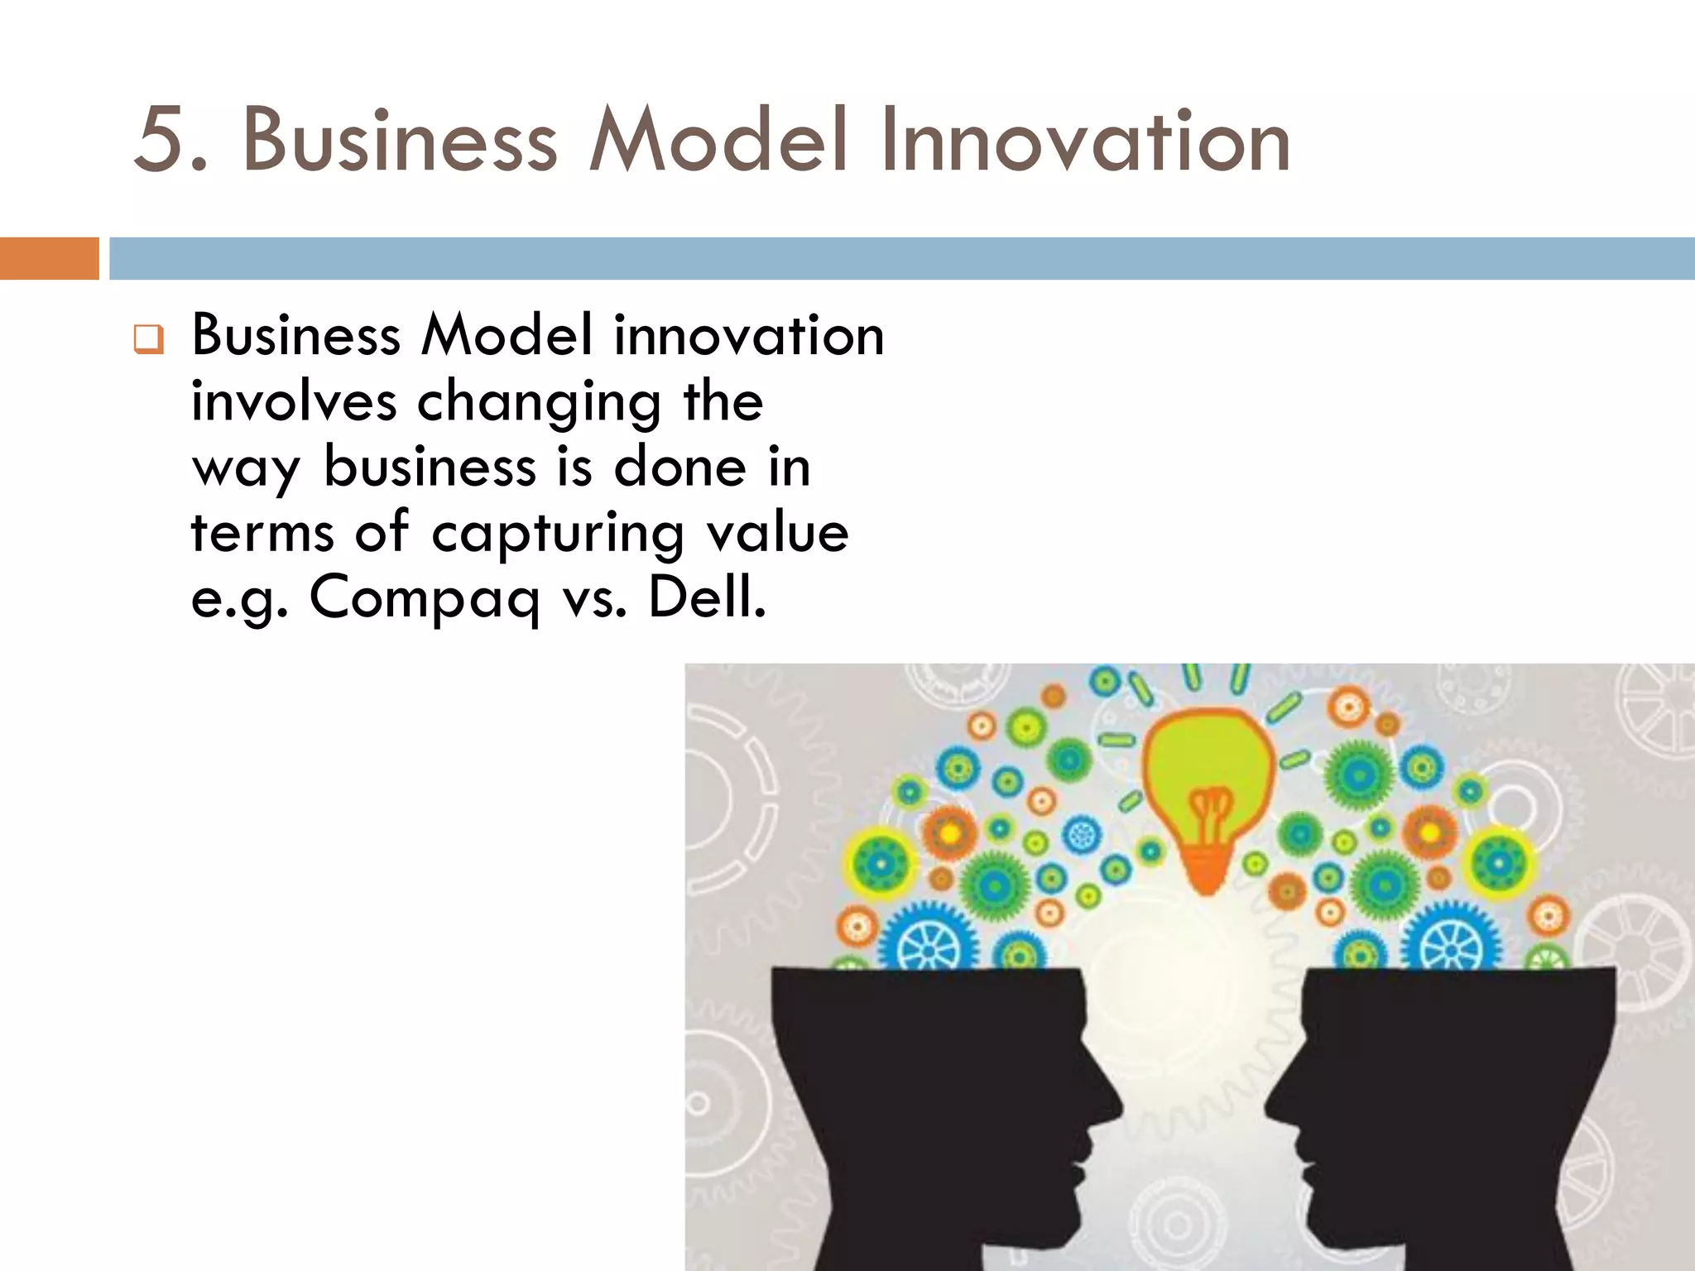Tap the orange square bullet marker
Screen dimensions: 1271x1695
149,339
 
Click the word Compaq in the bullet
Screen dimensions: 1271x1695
425,598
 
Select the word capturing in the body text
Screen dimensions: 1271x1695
557,533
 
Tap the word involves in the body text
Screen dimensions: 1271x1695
294,401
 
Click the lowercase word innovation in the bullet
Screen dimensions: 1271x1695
748,336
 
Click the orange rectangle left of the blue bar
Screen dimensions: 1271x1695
49,258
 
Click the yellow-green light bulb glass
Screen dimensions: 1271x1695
1208,761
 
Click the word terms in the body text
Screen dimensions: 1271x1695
262,532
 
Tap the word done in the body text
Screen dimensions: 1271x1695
679,467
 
